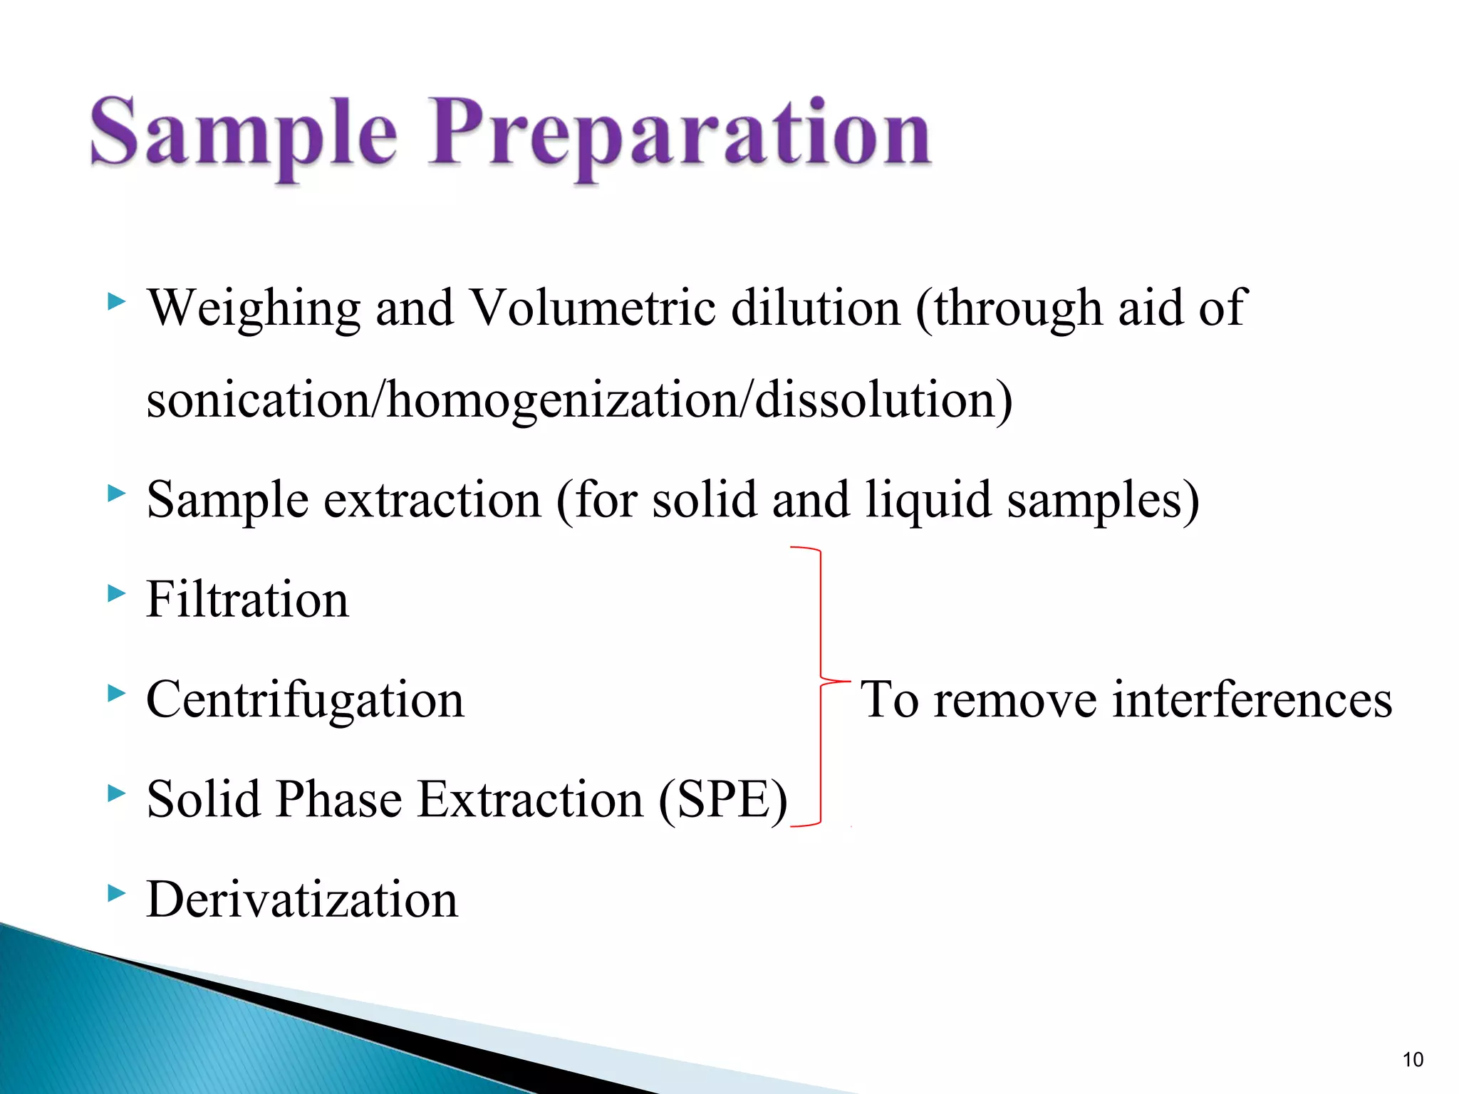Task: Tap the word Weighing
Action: (254, 309)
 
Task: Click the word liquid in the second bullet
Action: (928, 501)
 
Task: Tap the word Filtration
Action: (247, 600)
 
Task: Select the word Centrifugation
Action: (305, 701)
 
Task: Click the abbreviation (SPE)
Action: (722, 801)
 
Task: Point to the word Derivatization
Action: (302, 900)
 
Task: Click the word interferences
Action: (1252, 699)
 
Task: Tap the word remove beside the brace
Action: (1015, 701)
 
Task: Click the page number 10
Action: (1412, 1060)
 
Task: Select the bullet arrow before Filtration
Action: (116, 593)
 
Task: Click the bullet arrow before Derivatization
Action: (116, 892)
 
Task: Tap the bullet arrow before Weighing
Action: (116, 301)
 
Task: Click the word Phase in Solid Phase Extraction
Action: (339, 799)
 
